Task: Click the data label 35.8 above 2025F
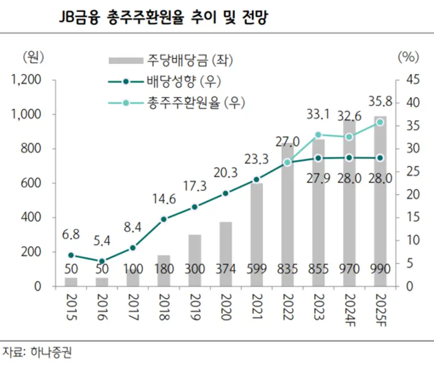tap(380, 102)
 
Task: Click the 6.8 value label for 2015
tap(71, 234)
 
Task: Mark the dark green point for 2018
tap(164, 219)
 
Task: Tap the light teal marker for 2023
tap(318, 135)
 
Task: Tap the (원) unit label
tap(32, 57)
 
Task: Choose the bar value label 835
tap(287, 269)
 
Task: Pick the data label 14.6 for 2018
tap(164, 198)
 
